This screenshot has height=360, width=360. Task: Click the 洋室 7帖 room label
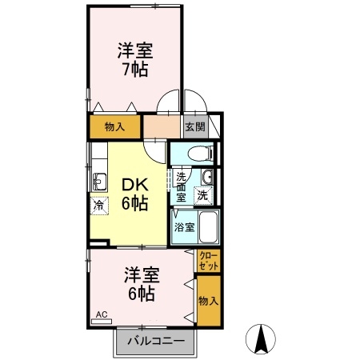[135, 60]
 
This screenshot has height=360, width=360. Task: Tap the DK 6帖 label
[135, 194]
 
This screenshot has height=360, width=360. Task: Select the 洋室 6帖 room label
[142, 284]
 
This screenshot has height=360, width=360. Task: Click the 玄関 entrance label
[195, 127]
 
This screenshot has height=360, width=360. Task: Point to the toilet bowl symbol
[200, 154]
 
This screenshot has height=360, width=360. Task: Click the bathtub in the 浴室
[209, 226]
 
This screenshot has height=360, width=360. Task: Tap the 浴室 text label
[185, 227]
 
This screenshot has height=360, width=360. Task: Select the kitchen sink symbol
[99, 182]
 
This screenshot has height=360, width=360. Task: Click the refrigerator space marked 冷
[99, 206]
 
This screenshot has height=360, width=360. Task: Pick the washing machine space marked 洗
[203, 196]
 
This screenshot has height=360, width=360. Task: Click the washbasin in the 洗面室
[207, 177]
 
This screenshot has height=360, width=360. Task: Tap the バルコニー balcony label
[156, 341]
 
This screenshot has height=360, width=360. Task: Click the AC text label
[102, 314]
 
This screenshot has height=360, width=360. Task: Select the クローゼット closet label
[209, 261]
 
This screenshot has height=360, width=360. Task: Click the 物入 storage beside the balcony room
[209, 301]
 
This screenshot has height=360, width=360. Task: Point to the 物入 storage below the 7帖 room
[115, 126]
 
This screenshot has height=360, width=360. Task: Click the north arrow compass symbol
[261, 339]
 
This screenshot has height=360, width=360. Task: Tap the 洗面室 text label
[182, 187]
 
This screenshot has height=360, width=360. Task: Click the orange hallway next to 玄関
[162, 126]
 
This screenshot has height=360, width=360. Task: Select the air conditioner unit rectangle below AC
[102, 322]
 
